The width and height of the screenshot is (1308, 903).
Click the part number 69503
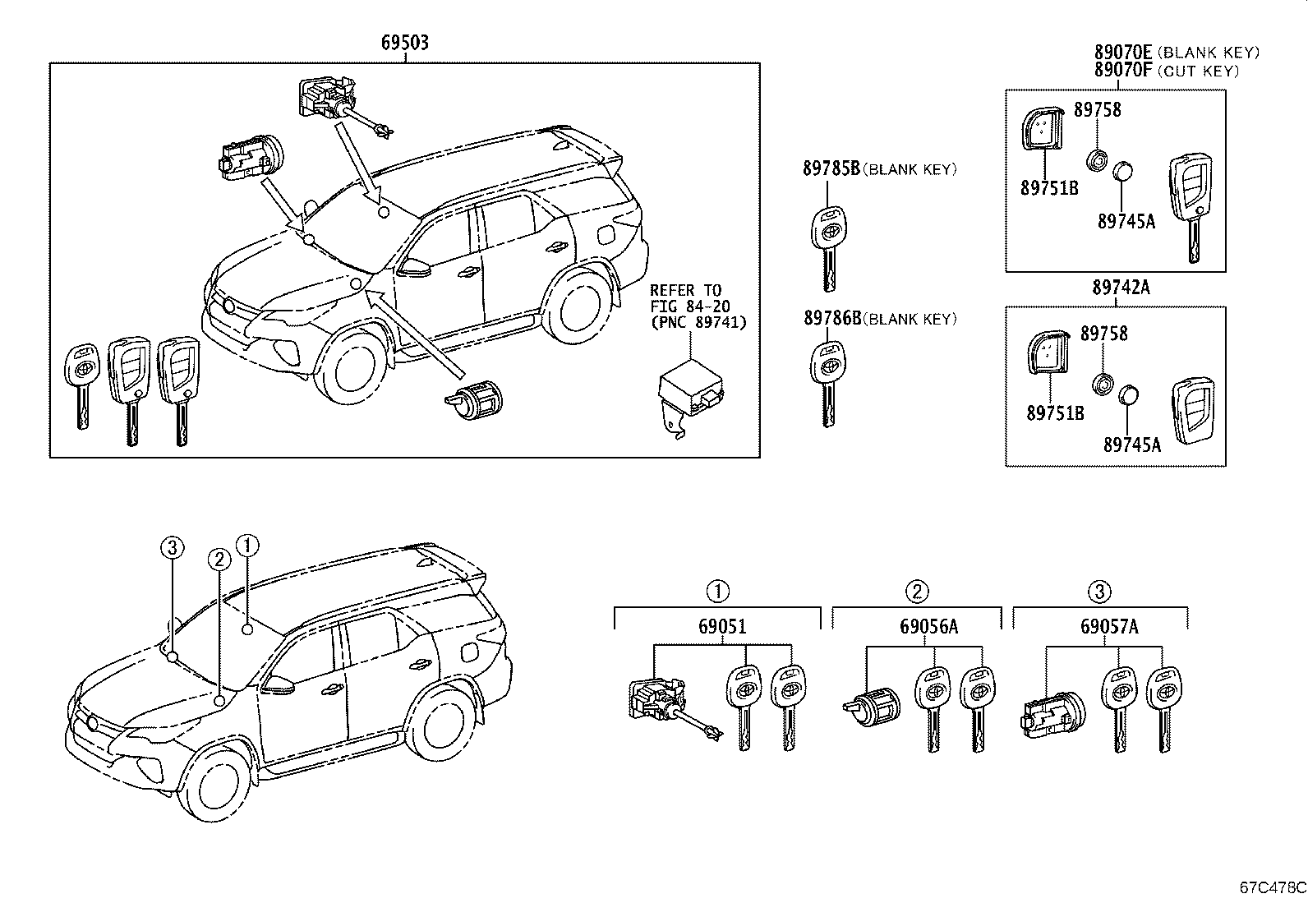point(405,43)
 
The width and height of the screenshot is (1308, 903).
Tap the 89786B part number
point(832,318)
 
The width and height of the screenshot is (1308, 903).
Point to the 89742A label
point(1121,288)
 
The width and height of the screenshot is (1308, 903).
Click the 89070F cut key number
point(1123,71)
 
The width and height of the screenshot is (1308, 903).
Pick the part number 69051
point(722,627)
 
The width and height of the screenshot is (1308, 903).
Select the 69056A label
point(929,627)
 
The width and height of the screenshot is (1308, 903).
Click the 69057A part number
point(1109,627)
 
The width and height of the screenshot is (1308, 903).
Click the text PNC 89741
point(703,322)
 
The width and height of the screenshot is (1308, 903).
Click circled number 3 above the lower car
point(173,547)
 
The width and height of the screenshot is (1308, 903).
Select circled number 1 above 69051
point(717,591)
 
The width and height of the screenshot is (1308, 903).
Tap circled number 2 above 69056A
point(917,591)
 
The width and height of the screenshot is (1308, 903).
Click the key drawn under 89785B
point(829,248)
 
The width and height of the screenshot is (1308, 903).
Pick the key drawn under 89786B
point(828,384)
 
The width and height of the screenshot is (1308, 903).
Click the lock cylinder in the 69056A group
point(872,707)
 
